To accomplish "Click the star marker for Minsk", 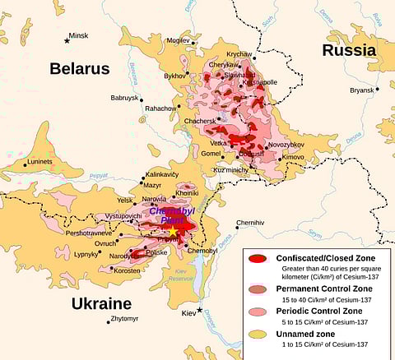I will coord(67,40).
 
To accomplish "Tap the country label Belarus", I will coord(79,69).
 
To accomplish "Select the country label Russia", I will coord(348,50).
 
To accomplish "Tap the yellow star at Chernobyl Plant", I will coord(173,233).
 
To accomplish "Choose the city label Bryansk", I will coord(361,90).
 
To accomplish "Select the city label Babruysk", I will coord(124,98).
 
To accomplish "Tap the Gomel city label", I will coord(211,154).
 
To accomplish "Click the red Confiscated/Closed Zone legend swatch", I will coord(258,259).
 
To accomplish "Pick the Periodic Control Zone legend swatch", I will coord(258,312).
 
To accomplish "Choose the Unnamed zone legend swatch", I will coord(258,338).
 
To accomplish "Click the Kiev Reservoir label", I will coord(194,276).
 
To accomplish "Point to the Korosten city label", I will coord(127,270).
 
